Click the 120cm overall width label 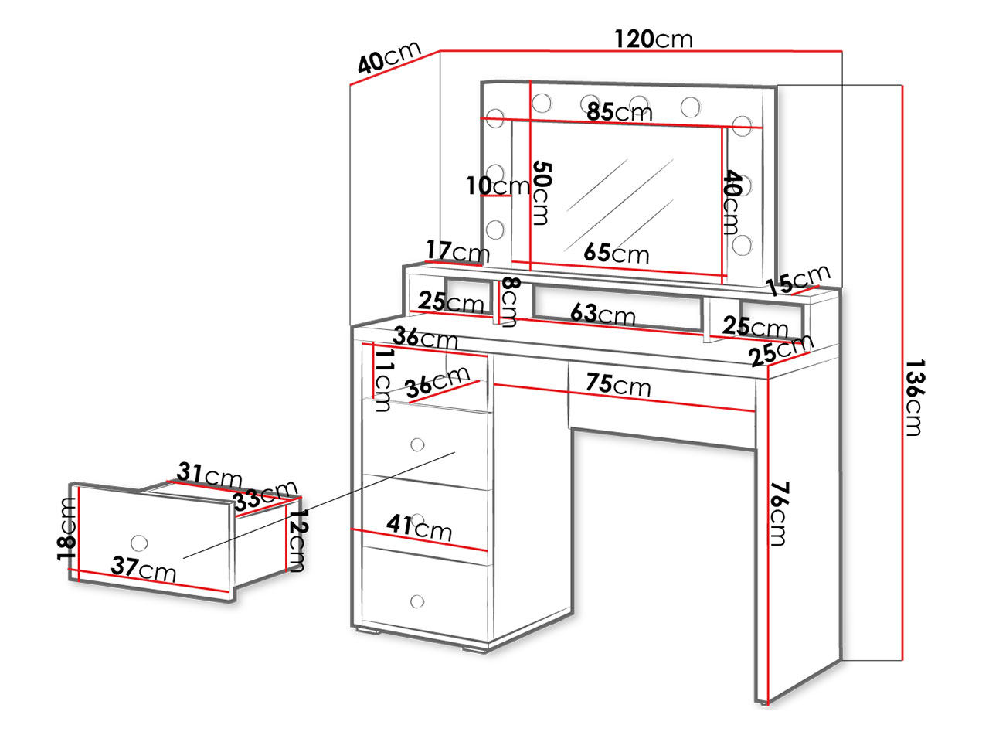pos(654,39)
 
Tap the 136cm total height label pos(915,397)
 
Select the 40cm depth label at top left pos(389,57)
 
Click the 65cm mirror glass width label pos(617,253)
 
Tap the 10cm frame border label pos(498,185)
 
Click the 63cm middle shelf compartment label pos(603,314)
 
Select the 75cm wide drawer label pos(619,385)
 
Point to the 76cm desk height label pos(779,514)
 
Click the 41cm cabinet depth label pos(419,528)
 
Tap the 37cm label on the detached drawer pos(143,570)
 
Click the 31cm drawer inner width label pos(209,475)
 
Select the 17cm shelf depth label pos(457,251)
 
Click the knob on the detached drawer pos(139,542)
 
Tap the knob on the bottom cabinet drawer pos(417,601)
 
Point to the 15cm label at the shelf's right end pos(798,281)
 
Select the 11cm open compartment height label pos(383,381)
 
